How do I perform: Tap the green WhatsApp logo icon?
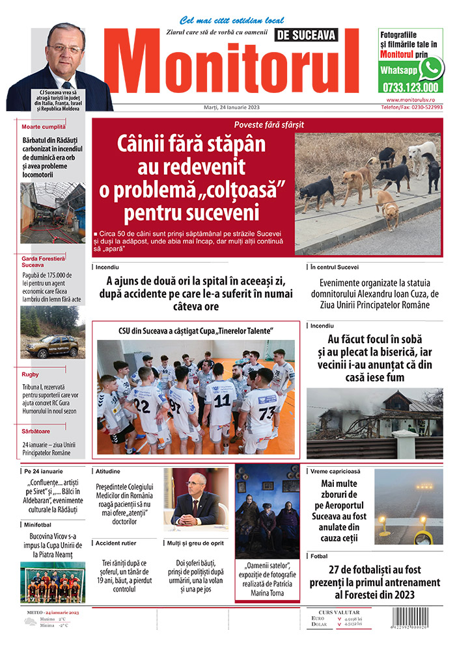point(430,68)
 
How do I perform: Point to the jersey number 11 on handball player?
point(221,400)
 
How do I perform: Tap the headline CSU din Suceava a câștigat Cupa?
point(195,331)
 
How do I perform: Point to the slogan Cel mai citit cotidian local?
point(232,20)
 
